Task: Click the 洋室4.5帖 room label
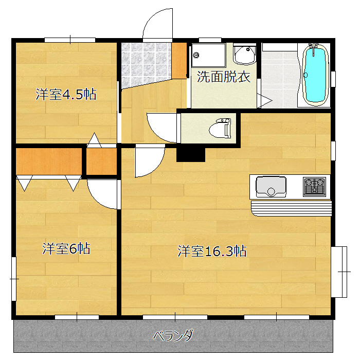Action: coord(66,94)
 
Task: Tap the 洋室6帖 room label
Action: coord(66,248)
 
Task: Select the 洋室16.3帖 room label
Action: coord(212,251)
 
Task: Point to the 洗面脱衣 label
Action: coord(224,77)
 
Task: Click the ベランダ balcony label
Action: coord(173,336)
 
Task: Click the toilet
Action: coord(220,129)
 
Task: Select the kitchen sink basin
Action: coord(271,187)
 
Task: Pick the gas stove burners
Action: coord(314,187)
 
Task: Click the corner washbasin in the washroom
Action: coord(245,55)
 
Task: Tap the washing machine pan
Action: coord(208,55)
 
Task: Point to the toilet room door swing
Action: coord(162,128)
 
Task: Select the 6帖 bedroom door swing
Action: coord(102,194)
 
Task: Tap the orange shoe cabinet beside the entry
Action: coord(179,61)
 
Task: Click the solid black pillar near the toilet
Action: coord(191,154)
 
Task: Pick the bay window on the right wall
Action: coord(339,272)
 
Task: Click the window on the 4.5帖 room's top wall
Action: coord(70,40)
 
